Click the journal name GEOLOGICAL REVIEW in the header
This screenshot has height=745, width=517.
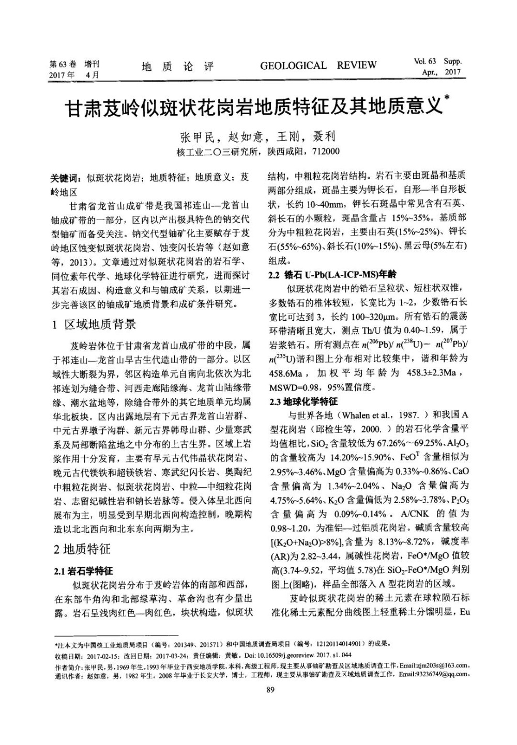(318, 66)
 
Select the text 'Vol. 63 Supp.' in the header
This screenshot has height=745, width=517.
(438, 61)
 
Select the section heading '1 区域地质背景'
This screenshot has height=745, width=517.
(95, 324)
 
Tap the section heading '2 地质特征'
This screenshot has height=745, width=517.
(83, 549)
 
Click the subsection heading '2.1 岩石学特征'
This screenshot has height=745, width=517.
(83, 571)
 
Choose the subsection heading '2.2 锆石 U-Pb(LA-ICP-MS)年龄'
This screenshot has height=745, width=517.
(333, 274)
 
